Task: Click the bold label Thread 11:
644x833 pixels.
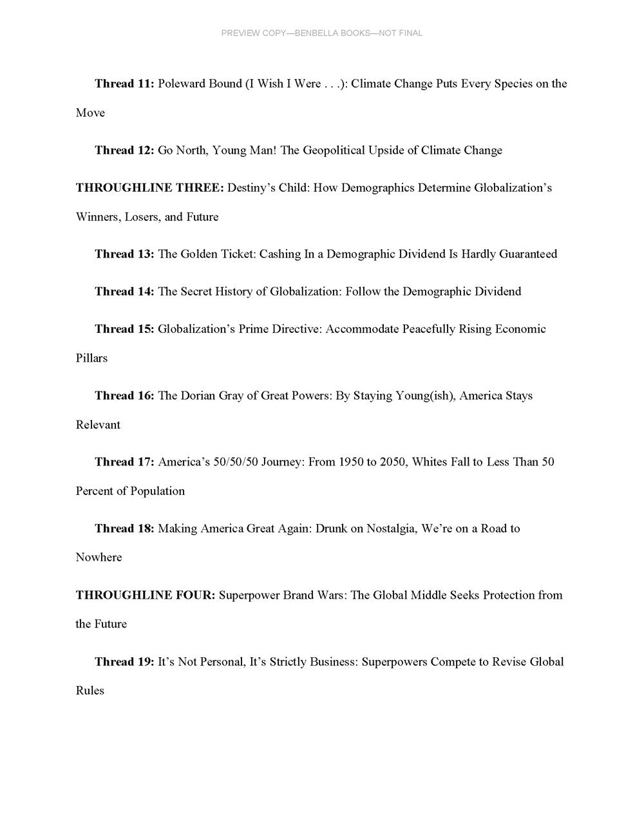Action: pyautogui.click(x=124, y=84)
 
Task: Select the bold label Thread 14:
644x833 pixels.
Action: pyautogui.click(x=124, y=292)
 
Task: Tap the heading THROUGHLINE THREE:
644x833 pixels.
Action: pyautogui.click(x=150, y=188)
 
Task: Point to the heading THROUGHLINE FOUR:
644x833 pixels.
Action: pyautogui.click(x=146, y=595)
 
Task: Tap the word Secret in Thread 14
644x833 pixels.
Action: pyautogui.click(x=197, y=292)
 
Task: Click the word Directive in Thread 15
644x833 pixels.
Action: pyautogui.click(x=296, y=329)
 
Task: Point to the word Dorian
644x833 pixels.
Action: pyautogui.click(x=198, y=396)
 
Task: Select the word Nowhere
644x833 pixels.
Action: pyautogui.click(x=99, y=557)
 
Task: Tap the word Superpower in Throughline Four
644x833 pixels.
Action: pyautogui.click(x=247, y=595)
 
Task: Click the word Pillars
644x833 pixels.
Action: pyautogui.click(x=92, y=358)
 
